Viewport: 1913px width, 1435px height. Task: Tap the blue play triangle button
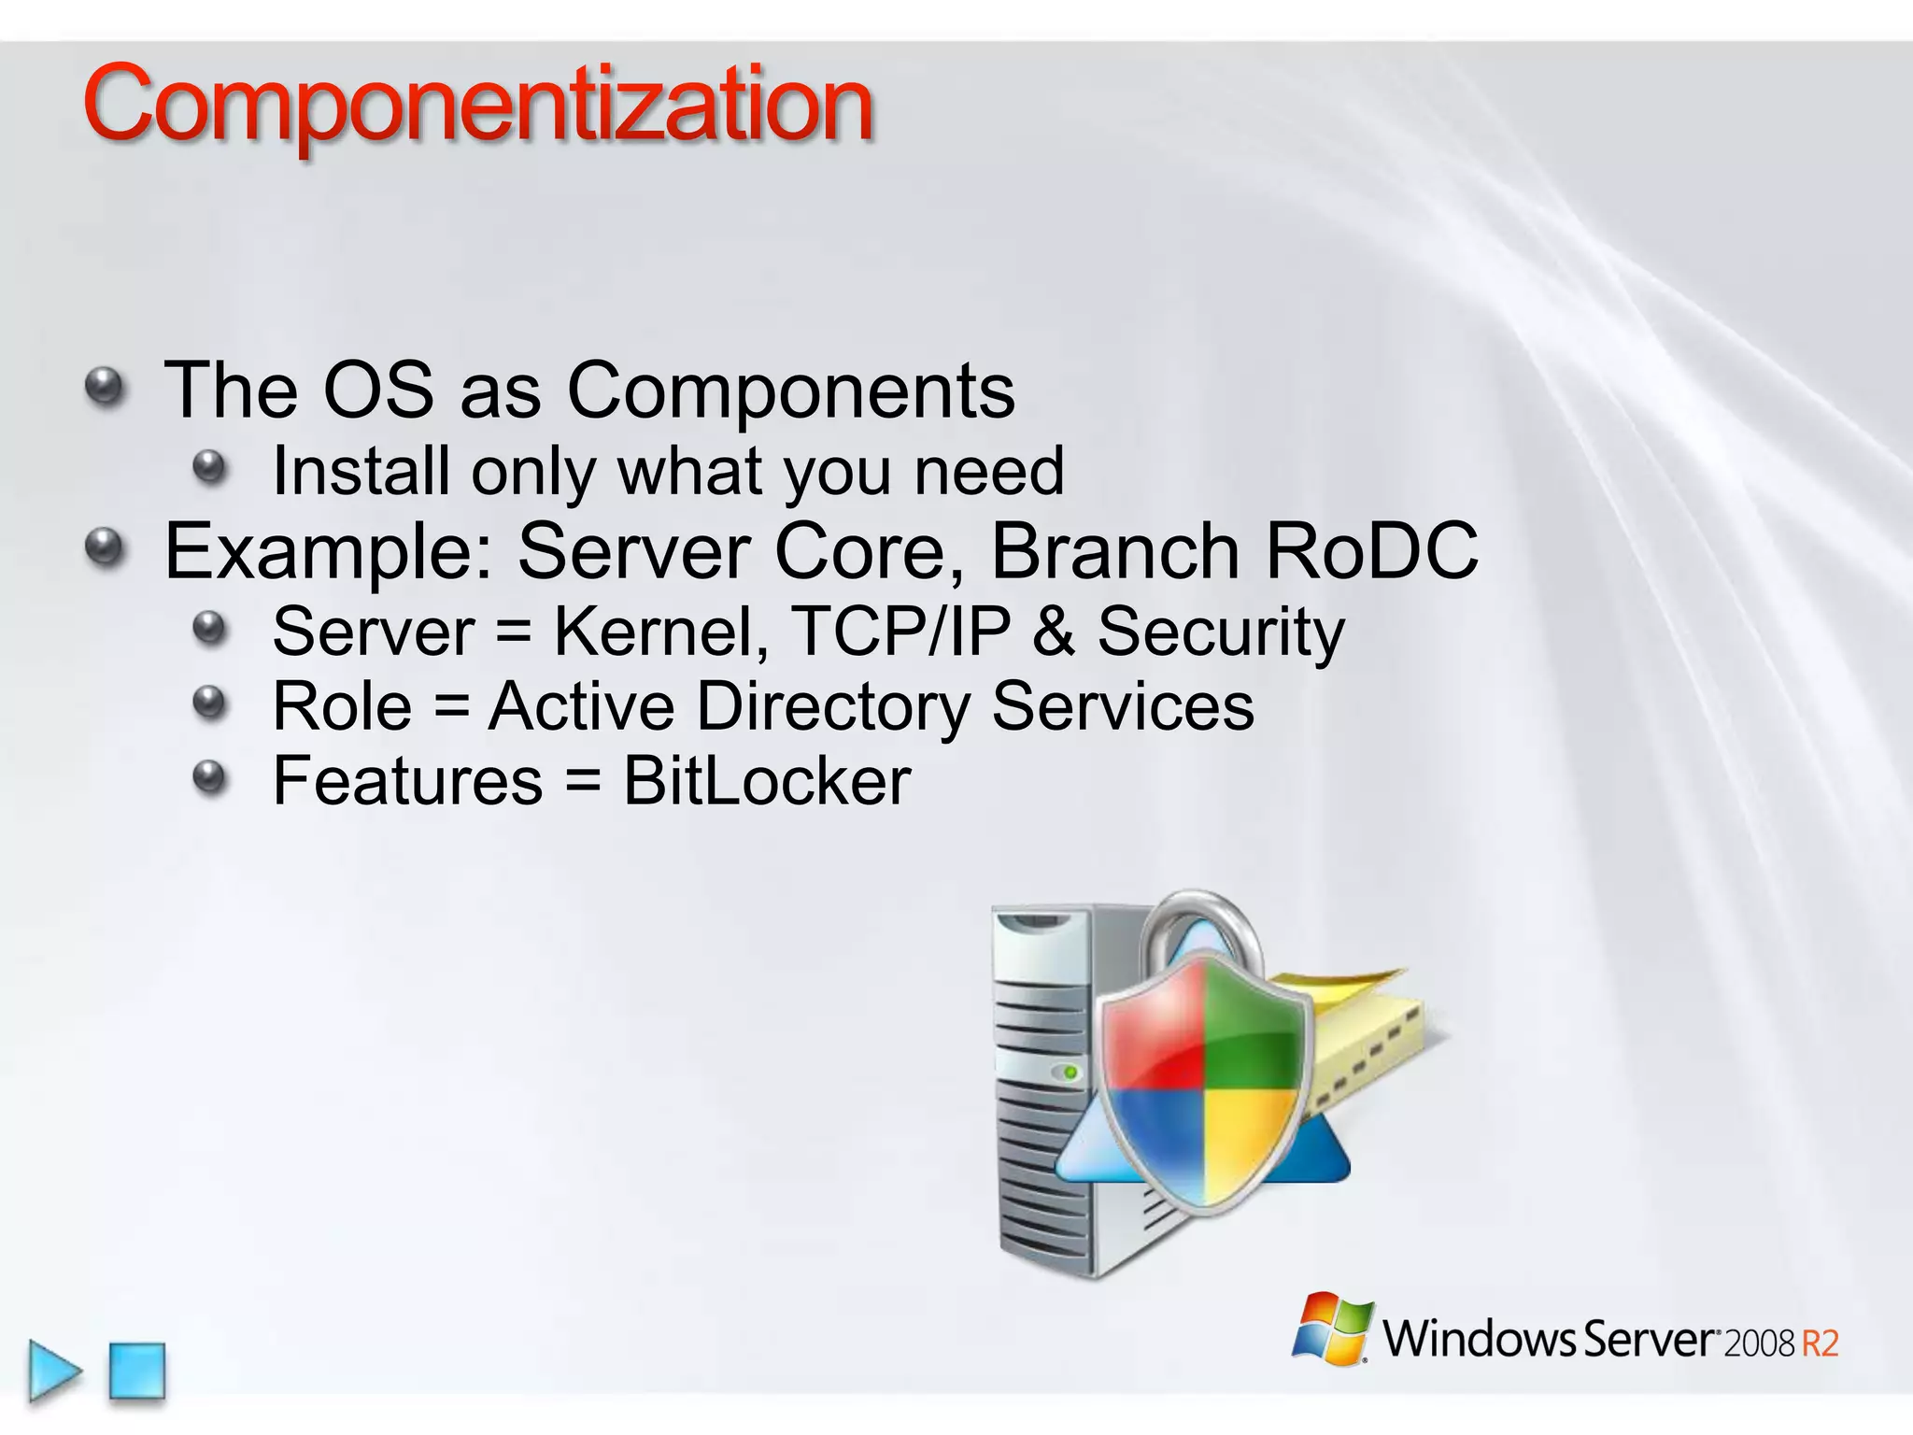pyautogui.click(x=53, y=1371)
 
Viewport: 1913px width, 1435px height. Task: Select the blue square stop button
pyautogui.click(x=137, y=1371)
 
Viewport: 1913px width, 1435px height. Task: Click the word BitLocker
pyautogui.click(x=766, y=781)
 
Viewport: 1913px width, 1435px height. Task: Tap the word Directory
pyautogui.click(x=833, y=706)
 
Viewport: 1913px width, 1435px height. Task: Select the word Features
pyautogui.click(x=407, y=781)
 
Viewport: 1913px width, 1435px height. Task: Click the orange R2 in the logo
pyautogui.click(x=1819, y=1343)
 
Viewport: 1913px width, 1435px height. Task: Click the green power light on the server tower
pyautogui.click(x=1071, y=1072)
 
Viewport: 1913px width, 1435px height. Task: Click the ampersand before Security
pyautogui.click(x=1054, y=632)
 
